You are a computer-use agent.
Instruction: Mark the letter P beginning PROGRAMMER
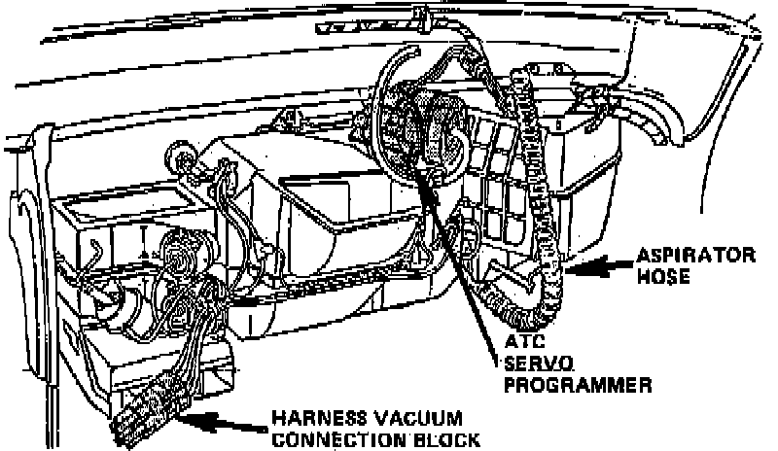pos(511,384)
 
